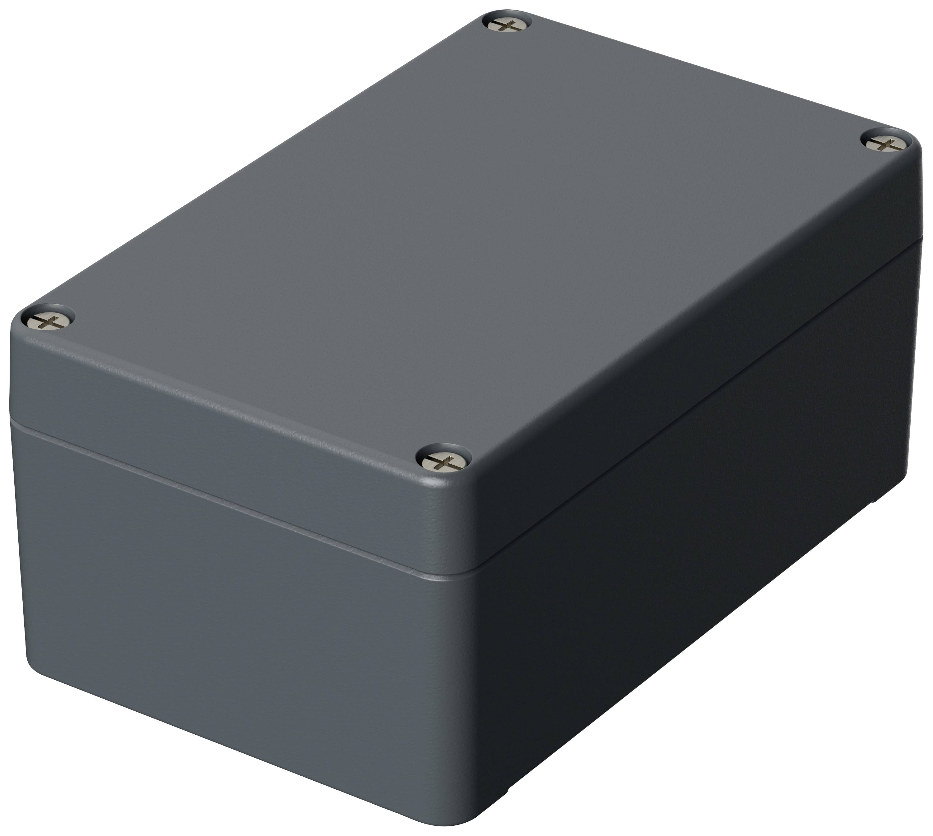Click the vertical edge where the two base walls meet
tap(464, 689)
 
